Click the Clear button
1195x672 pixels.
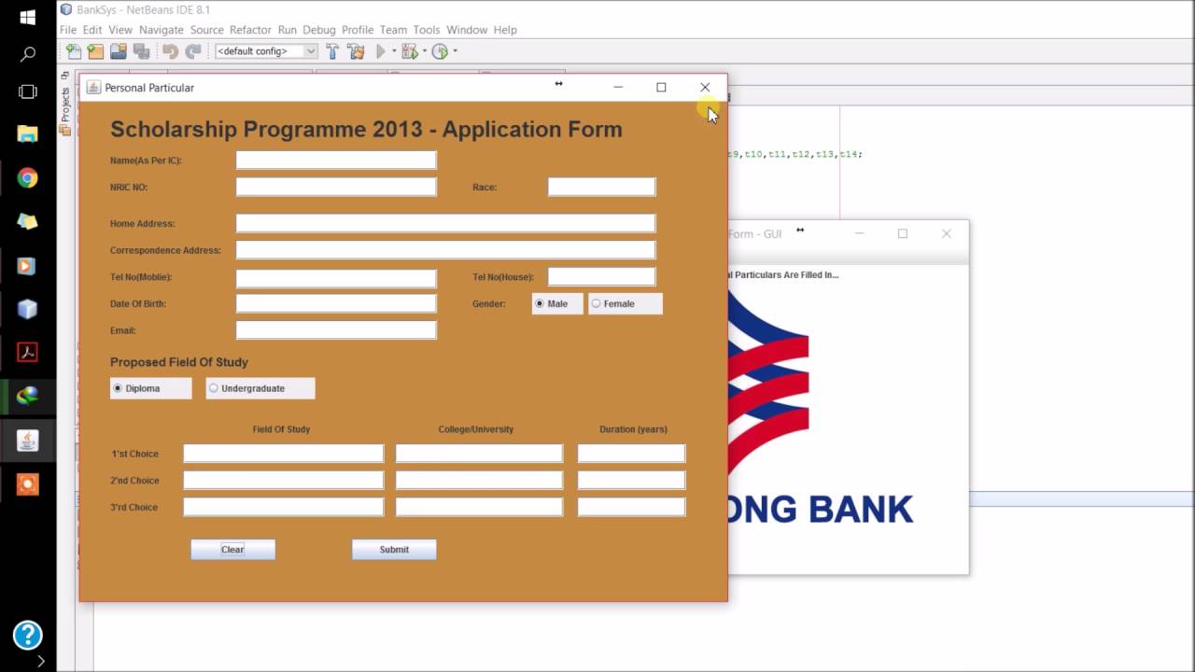[232, 550]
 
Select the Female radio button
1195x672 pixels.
[597, 303]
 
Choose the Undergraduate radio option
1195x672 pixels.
[214, 388]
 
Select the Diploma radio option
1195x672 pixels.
[118, 388]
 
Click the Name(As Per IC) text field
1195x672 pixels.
[336, 161]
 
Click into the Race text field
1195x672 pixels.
[601, 187]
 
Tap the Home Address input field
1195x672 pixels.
[445, 223]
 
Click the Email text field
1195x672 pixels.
[336, 330]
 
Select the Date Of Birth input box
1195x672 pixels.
[336, 303]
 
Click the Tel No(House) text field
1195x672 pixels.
[601, 276]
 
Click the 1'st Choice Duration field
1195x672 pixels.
[631, 454]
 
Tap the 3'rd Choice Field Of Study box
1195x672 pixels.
[283, 507]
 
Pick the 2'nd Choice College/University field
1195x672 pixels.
[479, 481]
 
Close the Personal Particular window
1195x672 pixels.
[705, 87]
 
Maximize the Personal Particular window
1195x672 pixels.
[661, 87]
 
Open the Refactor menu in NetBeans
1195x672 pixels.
[250, 30]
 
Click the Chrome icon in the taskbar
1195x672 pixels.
[27, 177]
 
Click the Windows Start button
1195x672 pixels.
[27, 18]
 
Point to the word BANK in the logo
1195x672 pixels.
[860, 510]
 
